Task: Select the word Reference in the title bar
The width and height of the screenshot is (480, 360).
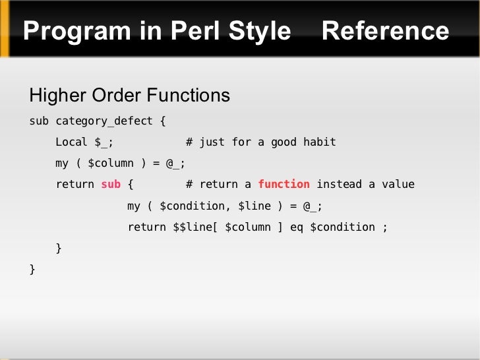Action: point(386,31)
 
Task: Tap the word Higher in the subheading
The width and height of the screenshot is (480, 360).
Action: point(58,96)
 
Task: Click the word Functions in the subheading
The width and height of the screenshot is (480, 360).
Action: point(188,96)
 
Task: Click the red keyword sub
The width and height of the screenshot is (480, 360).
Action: point(111,185)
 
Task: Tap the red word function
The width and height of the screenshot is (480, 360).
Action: point(284,185)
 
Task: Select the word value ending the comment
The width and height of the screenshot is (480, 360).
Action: point(398,185)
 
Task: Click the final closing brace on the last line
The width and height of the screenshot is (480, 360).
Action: point(32,269)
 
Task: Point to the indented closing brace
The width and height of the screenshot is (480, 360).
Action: point(59,248)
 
